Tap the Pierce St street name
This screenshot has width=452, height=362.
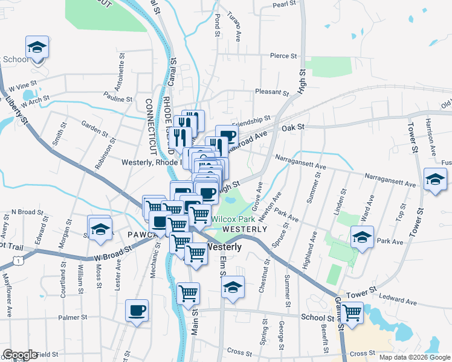(284, 56)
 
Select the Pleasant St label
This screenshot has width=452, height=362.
(273, 92)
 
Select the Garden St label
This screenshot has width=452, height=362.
(94, 124)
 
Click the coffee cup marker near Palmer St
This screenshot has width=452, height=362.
(137, 311)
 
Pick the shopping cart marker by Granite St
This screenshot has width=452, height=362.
(352, 312)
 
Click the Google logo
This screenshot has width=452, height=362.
(19, 355)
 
